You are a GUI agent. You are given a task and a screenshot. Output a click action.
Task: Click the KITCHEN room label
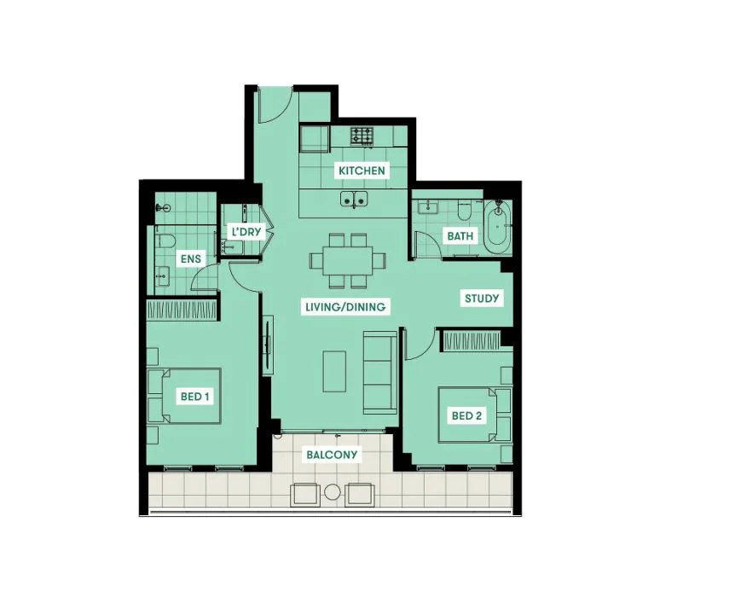(362, 171)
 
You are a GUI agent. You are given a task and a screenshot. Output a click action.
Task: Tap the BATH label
(460, 235)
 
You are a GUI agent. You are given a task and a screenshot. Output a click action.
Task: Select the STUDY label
(482, 299)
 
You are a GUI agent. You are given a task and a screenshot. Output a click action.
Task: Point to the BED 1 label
(194, 396)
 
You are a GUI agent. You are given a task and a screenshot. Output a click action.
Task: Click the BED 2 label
(466, 415)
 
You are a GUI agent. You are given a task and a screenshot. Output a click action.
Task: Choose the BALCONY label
(332, 455)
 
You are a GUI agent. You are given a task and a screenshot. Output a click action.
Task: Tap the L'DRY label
(246, 232)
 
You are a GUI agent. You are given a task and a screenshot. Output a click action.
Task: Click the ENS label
(191, 258)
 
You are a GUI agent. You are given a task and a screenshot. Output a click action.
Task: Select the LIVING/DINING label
(345, 307)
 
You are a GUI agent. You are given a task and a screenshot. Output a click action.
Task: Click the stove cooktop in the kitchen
(362, 136)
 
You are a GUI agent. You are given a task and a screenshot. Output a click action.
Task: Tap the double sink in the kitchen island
(354, 199)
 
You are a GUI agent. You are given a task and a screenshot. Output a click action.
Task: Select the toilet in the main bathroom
(465, 210)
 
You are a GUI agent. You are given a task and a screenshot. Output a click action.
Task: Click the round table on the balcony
(333, 492)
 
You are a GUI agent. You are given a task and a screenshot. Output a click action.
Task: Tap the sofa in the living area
(380, 373)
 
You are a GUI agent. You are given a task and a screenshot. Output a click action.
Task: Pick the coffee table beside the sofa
(334, 371)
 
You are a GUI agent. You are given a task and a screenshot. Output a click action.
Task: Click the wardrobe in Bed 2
(472, 341)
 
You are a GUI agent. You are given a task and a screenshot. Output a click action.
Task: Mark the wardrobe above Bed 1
(182, 310)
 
